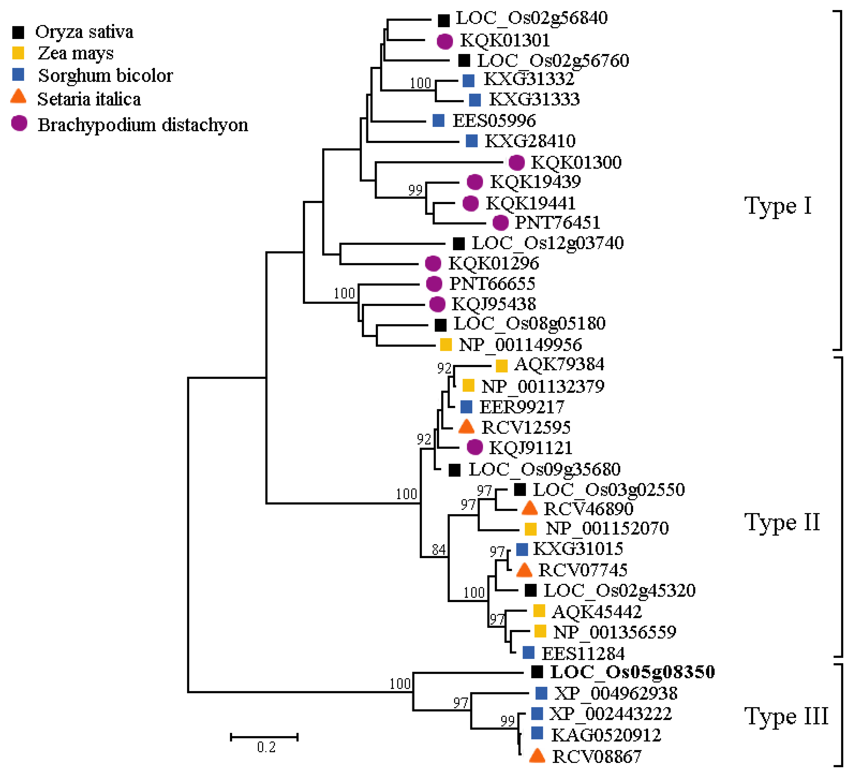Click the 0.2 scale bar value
[266, 747]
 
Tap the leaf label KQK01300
[576, 162]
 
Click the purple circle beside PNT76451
[501, 223]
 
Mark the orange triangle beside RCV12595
[466, 426]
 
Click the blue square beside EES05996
[438, 121]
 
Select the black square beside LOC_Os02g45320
[530, 590]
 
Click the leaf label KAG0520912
[605, 735]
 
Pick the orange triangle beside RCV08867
[537, 756]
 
